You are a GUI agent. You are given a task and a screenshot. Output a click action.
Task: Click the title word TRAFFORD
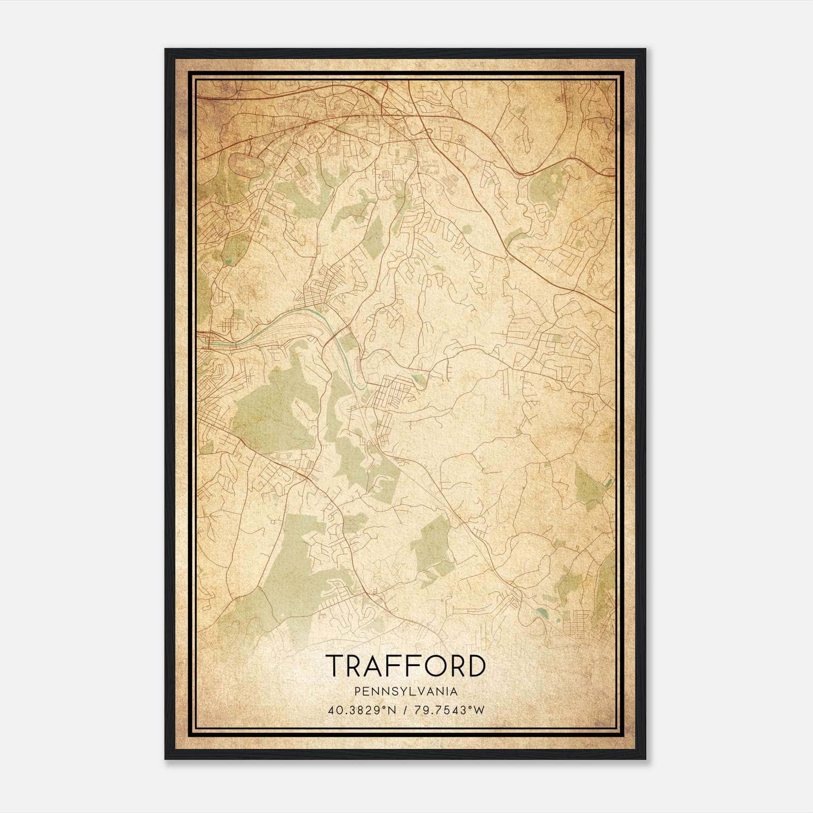(x=405, y=666)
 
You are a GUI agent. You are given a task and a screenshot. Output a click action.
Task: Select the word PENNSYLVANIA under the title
(x=405, y=692)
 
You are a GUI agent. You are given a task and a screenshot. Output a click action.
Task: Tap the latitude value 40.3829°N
(x=360, y=710)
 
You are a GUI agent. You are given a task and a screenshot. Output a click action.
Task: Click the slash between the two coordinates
(x=404, y=710)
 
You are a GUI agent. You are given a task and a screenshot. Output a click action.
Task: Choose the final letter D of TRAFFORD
(x=475, y=666)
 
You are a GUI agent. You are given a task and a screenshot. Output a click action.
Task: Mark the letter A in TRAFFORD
(x=374, y=666)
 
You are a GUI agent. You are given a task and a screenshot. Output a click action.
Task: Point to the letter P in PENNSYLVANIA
(x=358, y=692)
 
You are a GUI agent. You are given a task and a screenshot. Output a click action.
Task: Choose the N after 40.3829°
(x=392, y=710)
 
